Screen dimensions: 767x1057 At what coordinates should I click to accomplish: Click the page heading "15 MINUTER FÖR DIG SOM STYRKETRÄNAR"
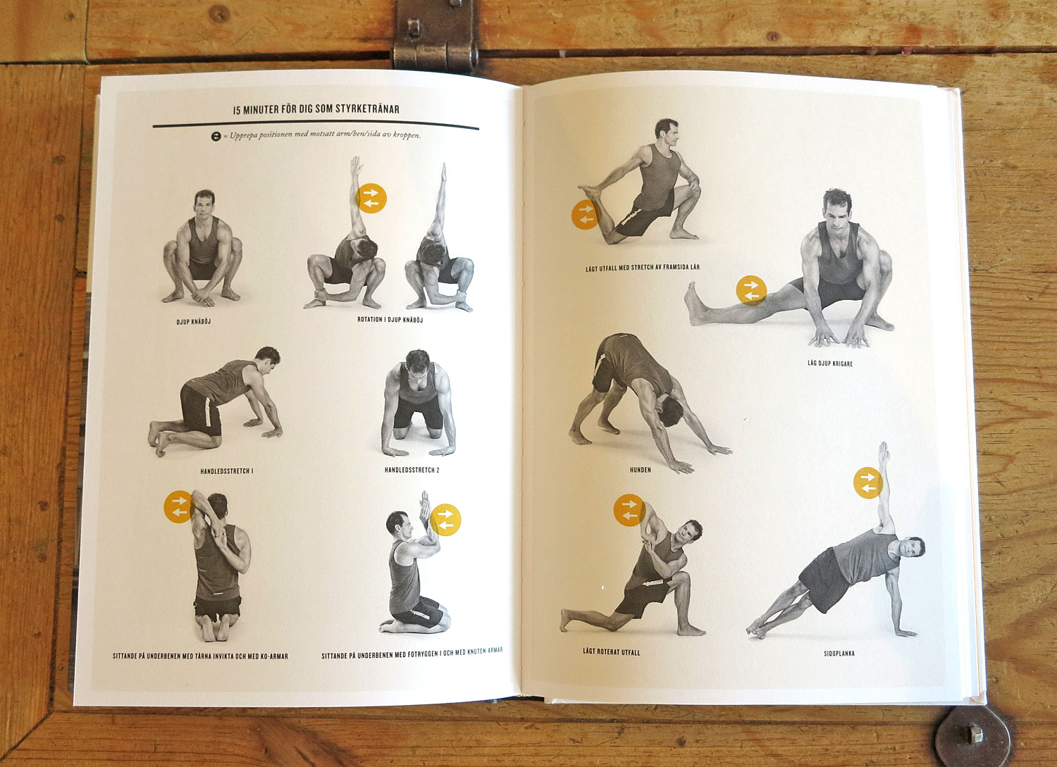[x=316, y=109]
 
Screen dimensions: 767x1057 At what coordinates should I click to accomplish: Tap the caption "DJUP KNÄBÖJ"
[x=194, y=322]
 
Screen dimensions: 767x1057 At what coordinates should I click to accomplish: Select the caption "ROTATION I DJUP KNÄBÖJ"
[x=390, y=320]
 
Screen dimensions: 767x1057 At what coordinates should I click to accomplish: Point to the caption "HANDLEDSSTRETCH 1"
[x=226, y=471]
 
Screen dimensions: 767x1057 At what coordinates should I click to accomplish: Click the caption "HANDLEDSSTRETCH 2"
[x=412, y=470]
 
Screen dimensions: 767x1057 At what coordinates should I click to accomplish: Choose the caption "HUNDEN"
[x=640, y=470]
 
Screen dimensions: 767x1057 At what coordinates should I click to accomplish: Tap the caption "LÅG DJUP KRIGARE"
[x=830, y=363]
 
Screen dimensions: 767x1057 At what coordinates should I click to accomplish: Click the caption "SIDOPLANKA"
[x=839, y=654]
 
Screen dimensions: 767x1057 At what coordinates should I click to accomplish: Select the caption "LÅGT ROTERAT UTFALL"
[x=611, y=652]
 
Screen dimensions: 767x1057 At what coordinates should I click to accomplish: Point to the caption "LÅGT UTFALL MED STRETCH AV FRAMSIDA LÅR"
[x=642, y=268]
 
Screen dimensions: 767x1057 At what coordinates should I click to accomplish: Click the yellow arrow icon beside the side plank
[x=868, y=483]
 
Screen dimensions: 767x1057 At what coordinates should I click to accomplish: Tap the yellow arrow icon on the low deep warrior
[x=751, y=290]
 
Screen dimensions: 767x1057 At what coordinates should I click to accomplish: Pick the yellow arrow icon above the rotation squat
[x=371, y=198]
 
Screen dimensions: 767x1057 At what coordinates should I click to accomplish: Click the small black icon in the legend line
[x=216, y=136]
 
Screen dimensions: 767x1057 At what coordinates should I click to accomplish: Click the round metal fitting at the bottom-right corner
[x=972, y=736]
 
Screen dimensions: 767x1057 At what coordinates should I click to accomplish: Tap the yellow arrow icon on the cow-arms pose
[x=179, y=506]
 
